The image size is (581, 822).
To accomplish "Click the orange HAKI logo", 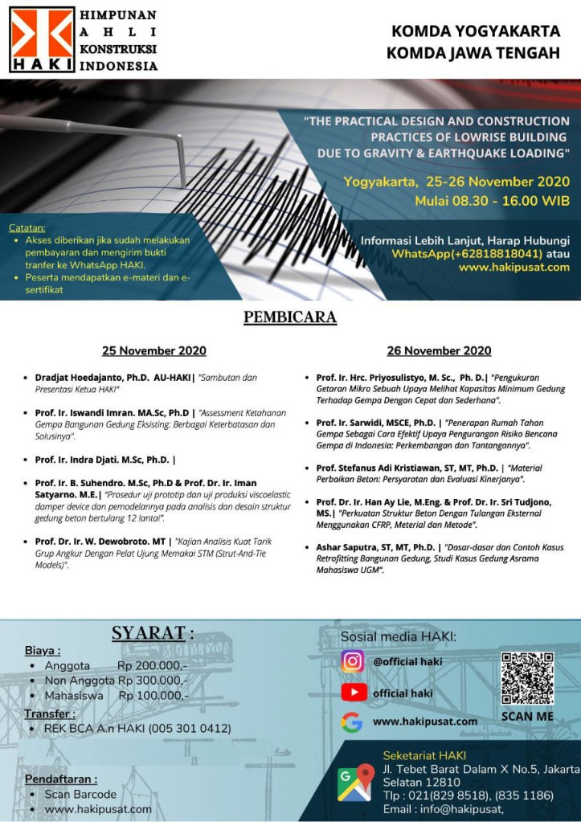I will point(42,39).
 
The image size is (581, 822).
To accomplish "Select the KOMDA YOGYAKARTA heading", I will point(475,32).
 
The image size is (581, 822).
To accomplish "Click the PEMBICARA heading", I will point(290,317).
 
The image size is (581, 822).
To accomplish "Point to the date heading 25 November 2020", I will point(153,350).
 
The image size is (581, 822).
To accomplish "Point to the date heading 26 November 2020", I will point(439,350).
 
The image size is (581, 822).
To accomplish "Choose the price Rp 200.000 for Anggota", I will point(152,666).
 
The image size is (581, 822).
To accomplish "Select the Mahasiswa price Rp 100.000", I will point(153,695).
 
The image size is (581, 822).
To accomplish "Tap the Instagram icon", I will point(353,661).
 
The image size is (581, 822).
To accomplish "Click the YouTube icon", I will point(353,692).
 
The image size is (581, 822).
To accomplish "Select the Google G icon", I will point(351,722).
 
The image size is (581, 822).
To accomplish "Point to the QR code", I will point(527,678).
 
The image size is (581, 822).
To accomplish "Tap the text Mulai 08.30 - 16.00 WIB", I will point(492,201).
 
